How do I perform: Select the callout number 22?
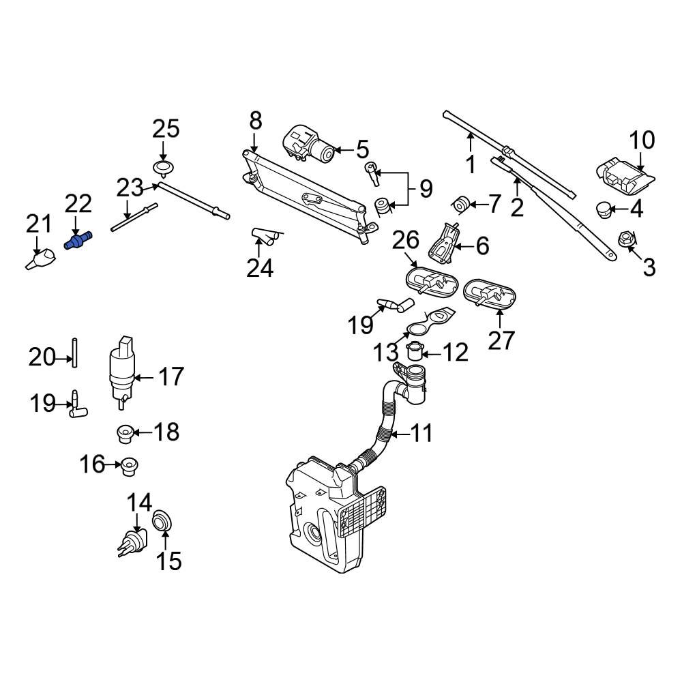click(x=78, y=204)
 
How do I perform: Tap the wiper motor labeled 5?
click(x=308, y=145)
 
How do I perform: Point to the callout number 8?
click(x=255, y=121)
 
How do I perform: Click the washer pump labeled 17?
click(x=123, y=374)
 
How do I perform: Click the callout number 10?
click(x=641, y=141)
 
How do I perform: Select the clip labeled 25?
click(x=162, y=168)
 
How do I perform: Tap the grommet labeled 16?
click(x=128, y=466)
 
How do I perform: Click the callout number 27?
click(x=501, y=339)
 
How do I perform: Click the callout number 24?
click(x=261, y=268)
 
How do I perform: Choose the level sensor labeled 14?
click(x=132, y=544)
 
